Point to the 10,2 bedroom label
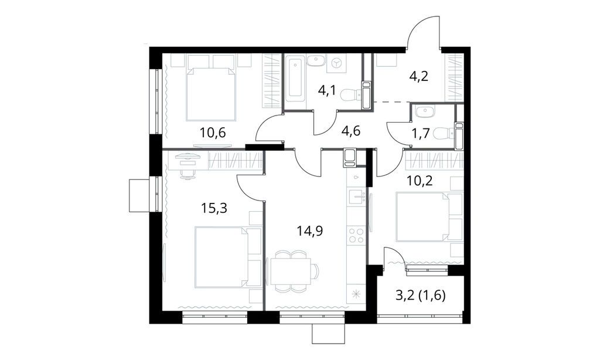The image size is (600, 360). pos(420,180)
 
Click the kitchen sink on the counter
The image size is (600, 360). pos(356,197)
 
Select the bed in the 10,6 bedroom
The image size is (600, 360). pos(212,92)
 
